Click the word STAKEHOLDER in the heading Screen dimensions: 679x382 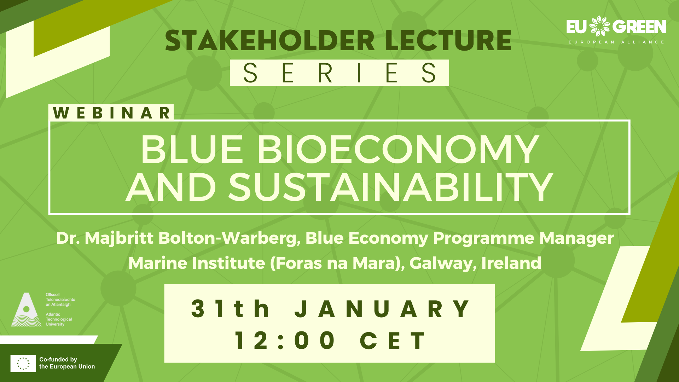coord(270,40)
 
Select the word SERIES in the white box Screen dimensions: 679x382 coord(339,73)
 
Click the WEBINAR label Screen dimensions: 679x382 coord(111,113)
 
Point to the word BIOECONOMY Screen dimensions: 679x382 coord(398,150)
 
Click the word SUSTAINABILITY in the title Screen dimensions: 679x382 coord(390,187)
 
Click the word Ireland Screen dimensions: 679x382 coord(511,263)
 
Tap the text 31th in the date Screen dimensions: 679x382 coord(230,309)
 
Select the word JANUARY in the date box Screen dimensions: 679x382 coord(382,309)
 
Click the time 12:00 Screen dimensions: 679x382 coord(285,341)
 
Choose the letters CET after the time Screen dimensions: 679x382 coord(393,341)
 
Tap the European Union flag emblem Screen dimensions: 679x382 coord(23,363)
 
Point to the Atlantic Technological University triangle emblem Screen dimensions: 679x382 coord(26,309)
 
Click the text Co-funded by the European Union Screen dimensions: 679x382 coord(67,363)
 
